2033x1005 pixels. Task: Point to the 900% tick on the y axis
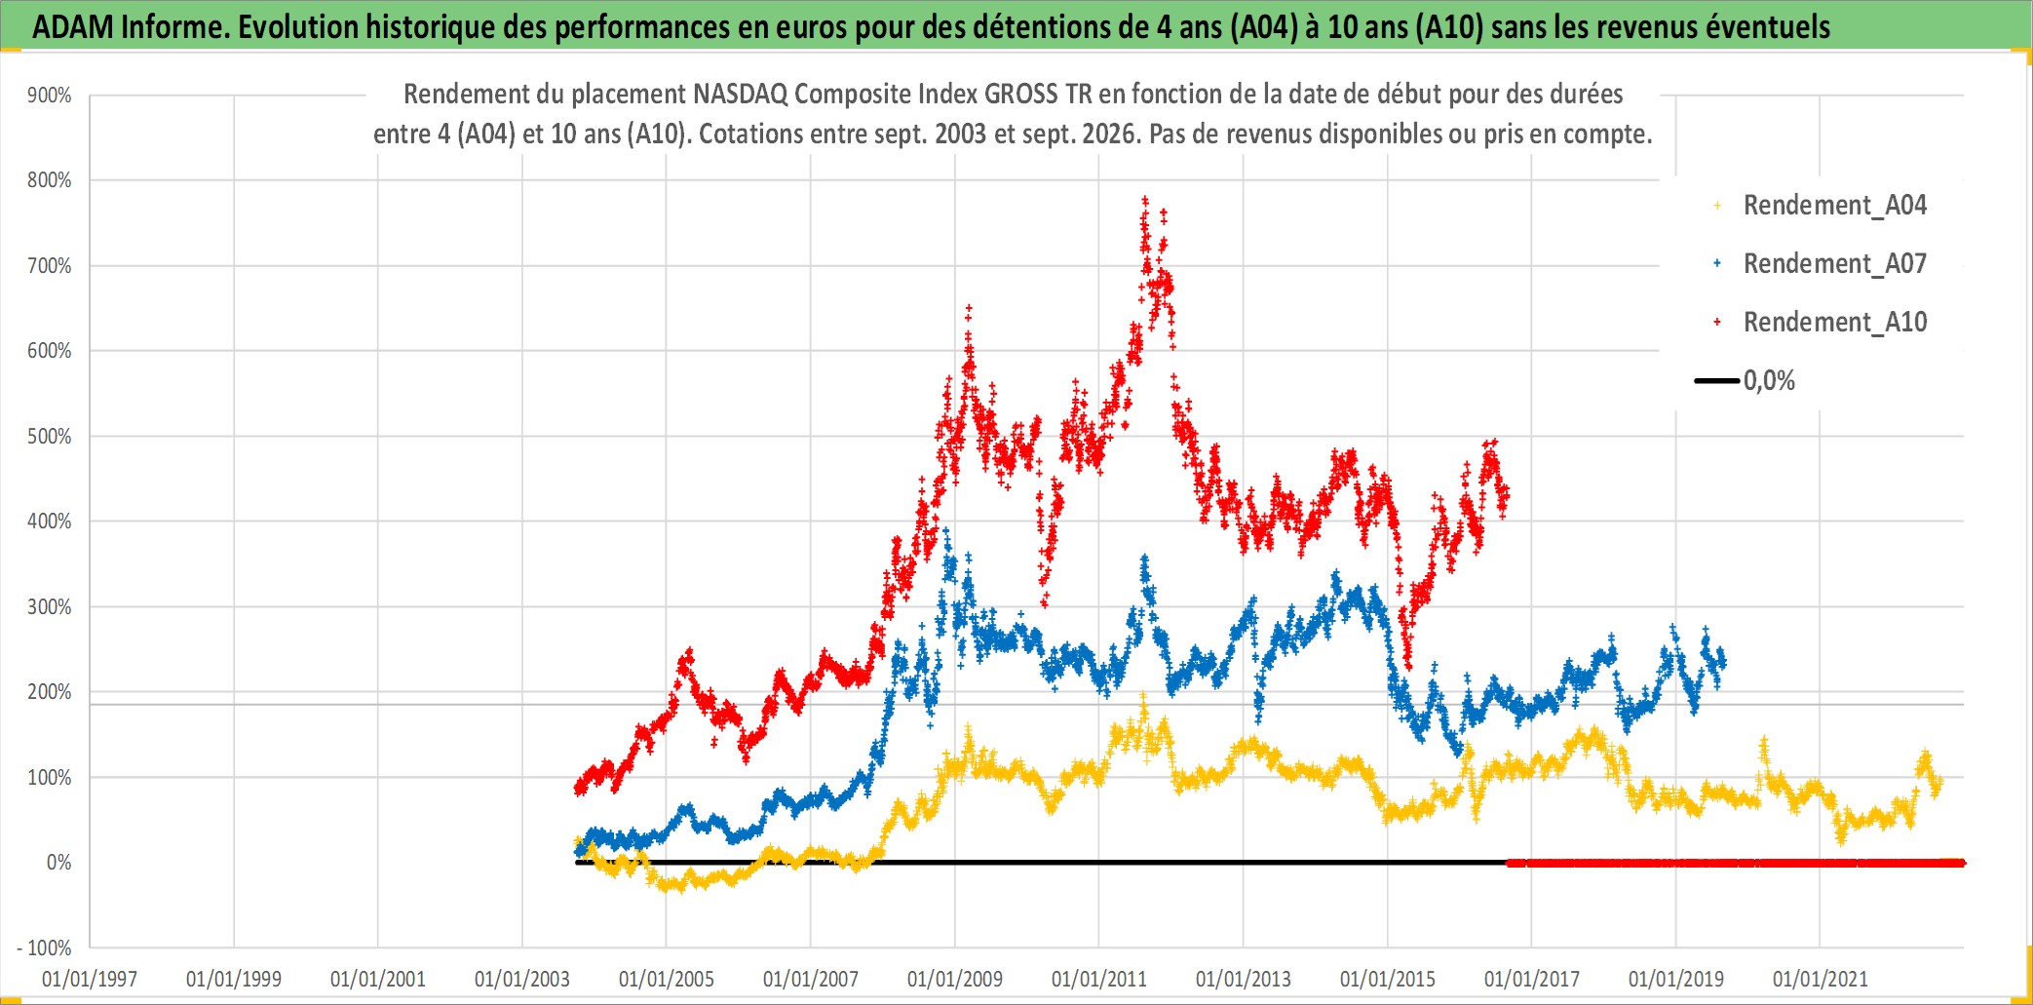50,96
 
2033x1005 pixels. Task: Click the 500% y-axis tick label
50,437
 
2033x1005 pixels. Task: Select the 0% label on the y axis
59,863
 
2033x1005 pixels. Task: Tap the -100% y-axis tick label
45,947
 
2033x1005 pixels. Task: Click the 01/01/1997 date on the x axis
90,979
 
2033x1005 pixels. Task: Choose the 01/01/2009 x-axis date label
955,979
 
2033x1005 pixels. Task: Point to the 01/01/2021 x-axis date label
1821,979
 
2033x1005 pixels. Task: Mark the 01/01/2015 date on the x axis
1388,979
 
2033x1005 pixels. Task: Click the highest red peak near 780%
1145,200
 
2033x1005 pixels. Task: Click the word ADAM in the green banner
73,27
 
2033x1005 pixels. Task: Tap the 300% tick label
50,607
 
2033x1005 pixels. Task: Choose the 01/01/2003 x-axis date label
522,979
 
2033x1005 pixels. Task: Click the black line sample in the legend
1717,381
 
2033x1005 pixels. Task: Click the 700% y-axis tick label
50,266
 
